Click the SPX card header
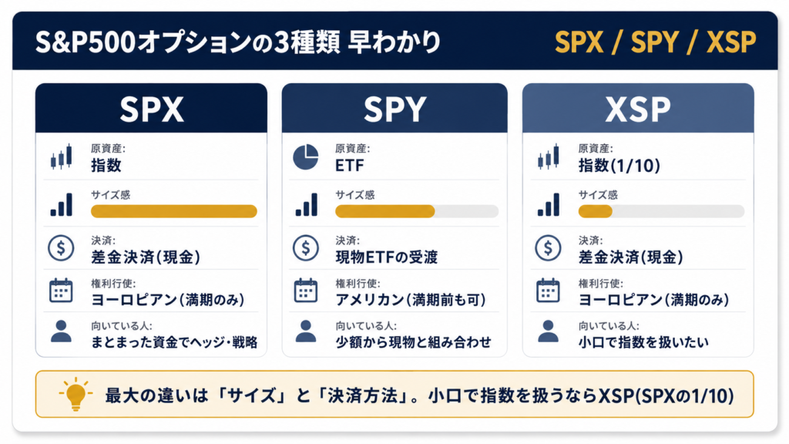(151, 108)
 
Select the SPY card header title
(395, 109)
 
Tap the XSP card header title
(638, 109)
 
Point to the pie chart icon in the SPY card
(306, 157)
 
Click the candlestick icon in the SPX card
(61, 156)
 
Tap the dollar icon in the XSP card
(548, 248)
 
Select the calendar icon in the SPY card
(306, 291)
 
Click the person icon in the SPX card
(61, 331)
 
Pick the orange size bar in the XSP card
(596, 211)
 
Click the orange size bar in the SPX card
(174, 211)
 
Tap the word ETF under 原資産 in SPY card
(350, 166)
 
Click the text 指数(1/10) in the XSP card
(619, 166)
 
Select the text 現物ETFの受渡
(387, 257)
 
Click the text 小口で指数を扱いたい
(643, 342)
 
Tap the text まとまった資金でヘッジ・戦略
(174, 342)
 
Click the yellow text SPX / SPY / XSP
(655, 42)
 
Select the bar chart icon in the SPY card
(307, 204)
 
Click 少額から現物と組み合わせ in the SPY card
(414, 342)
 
